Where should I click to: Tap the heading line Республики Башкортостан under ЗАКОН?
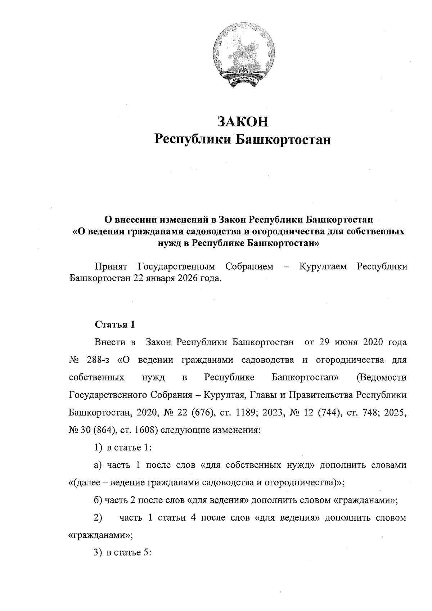[242, 139]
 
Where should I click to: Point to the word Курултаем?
[323, 267]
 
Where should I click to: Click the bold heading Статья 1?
[115, 324]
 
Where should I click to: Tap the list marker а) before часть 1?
[98, 465]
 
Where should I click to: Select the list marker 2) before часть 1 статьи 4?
[98, 518]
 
